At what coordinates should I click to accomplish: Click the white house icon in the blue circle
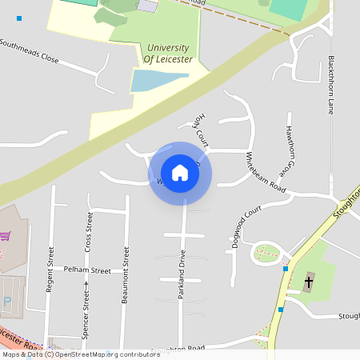180,173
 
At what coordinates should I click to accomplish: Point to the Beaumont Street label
126,275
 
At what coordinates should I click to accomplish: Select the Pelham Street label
87,270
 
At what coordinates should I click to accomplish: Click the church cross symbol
310,281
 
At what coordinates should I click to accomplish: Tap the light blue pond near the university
160,80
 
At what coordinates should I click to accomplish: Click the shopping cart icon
6,236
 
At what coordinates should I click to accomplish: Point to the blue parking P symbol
7,302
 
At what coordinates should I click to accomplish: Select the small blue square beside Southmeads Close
19,18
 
